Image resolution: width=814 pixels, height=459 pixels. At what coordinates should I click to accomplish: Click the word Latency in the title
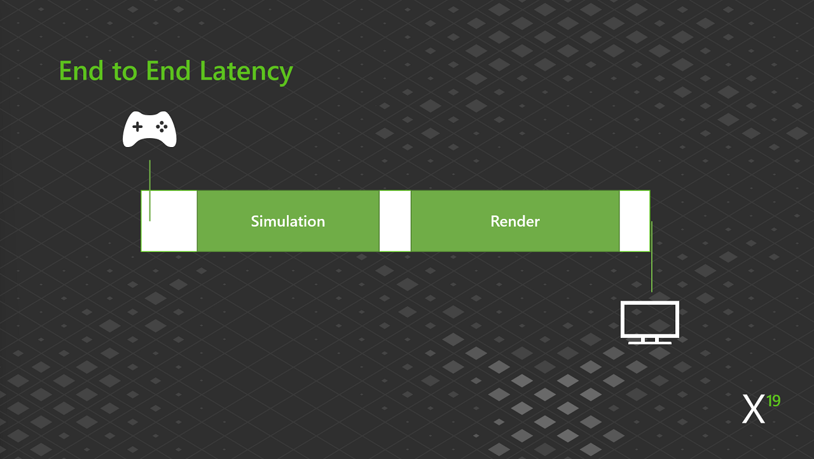246,72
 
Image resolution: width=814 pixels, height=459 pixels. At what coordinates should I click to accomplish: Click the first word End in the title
81,71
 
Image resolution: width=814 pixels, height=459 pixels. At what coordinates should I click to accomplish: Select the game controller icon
149,129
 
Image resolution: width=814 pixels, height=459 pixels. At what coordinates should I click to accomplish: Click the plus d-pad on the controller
137,127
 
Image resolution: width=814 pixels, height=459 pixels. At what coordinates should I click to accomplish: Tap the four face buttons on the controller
162,127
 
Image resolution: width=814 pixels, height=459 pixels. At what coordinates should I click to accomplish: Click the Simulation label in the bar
288,221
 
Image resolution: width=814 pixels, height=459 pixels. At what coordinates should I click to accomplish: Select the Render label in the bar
515,221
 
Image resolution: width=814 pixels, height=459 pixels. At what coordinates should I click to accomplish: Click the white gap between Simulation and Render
395,221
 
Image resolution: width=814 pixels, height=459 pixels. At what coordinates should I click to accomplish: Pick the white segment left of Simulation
169,221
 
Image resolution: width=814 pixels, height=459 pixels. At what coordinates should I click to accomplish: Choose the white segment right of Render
635,221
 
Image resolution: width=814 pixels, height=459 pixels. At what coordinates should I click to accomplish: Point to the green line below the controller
149,190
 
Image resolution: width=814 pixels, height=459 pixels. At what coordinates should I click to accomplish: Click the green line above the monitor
652,257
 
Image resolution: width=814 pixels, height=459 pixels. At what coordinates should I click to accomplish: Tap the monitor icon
650,322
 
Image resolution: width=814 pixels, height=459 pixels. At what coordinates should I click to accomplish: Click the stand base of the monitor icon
650,342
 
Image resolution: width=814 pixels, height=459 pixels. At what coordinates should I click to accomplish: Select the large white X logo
754,409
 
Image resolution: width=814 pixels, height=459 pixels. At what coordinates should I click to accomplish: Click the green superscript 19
773,401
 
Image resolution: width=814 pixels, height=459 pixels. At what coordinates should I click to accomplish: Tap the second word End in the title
169,71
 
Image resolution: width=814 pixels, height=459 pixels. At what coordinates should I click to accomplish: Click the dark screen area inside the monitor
650,319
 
